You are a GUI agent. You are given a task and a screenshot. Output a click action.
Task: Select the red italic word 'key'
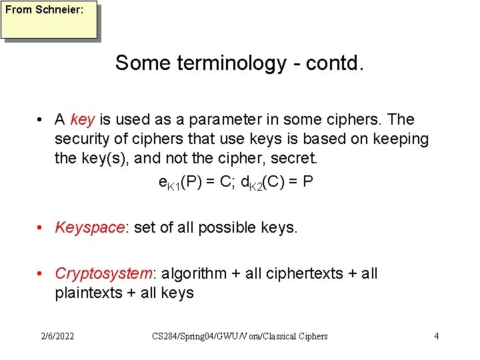click(x=82, y=120)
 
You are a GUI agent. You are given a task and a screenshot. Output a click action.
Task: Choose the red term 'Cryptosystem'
click(x=104, y=274)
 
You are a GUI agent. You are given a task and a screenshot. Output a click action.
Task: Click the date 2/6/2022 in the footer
click(x=57, y=336)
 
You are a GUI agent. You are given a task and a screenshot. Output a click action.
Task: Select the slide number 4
click(x=437, y=336)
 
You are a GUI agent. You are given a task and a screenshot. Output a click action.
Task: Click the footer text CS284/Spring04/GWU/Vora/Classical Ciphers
click(x=240, y=336)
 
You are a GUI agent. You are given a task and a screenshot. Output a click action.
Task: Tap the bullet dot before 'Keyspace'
click(x=41, y=228)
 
